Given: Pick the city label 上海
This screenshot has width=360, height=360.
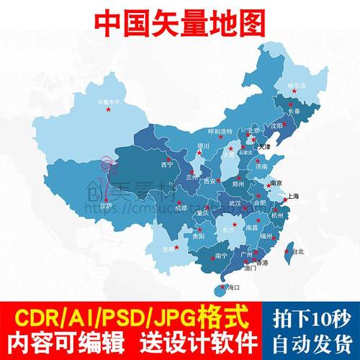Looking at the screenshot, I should (292, 196).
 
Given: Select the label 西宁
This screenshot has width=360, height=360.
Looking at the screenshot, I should (168, 164).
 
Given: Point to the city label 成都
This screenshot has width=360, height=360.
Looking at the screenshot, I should (180, 208).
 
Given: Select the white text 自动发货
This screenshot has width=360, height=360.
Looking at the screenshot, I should (316, 341).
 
